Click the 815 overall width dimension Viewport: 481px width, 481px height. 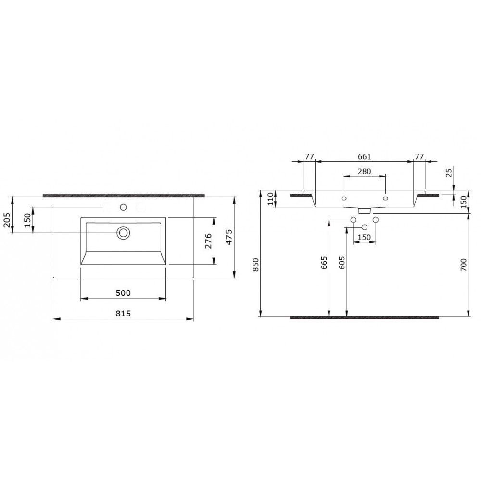(x=123, y=313)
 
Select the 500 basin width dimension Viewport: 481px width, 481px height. (x=123, y=293)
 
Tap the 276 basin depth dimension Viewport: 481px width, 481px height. (x=208, y=241)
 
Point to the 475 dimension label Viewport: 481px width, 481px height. (x=229, y=237)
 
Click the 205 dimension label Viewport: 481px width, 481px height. (x=7, y=220)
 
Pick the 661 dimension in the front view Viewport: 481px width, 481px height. (x=365, y=156)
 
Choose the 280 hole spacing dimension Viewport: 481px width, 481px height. (x=365, y=171)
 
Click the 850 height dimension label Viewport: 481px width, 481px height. (x=256, y=265)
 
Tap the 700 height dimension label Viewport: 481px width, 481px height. (x=463, y=265)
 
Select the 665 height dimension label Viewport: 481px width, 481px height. (x=324, y=263)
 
